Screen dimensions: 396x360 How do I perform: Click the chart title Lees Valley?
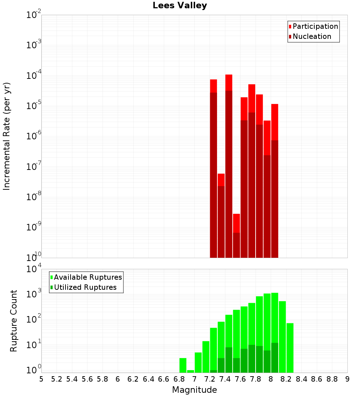[x=180, y=6]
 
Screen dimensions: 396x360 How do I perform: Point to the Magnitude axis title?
[x=194, y=390]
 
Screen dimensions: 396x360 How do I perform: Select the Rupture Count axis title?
[x=14, y=320]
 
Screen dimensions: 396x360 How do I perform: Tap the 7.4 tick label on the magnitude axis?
[x=225, y=379]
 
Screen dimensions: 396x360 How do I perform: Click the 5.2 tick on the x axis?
[x=57, y=379]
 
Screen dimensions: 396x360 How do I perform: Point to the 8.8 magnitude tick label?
[x=332, y=379]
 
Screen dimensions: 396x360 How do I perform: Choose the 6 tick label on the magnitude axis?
[x=118, y=379]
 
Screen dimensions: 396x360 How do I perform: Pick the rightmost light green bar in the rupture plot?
[x=290, y=347]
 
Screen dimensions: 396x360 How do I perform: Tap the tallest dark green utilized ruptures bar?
[x=275, y=357]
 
